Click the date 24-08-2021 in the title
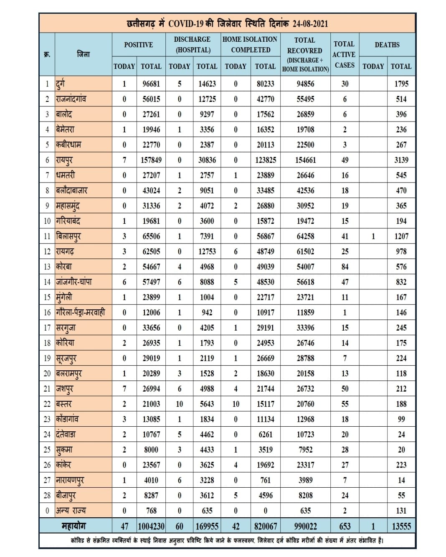pyautogui.click(x=310, y=23)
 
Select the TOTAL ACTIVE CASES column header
pyautogui.click(x=344, y=54)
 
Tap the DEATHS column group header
pyautogui.click(x=387, y=45)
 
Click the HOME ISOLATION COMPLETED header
pyautogui.click(x=250, y=44)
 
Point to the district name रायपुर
pyautogui.click(x=65, y=160)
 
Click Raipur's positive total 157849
pyautogui.click(x=151, y=160)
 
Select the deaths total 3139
pyautogui.click(x=401, y=160)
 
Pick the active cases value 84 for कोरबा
pyautogui.click(x=345, y=267)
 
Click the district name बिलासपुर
pyautogui.click(x=68, y=236)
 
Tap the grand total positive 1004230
pyautogui.click(x=151, y=526)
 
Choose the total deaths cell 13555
pyautogui.click(x=401, y=526)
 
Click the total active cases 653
pyautogui.click(x=345, y=526)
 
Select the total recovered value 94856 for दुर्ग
pyautogui.click(x=305, y=84)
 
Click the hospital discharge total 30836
pyautogui.click(x=207, y=160)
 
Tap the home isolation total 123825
pyautogui.click(x=265, y=160)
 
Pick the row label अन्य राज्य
pyautogui.click(x=71, y=511)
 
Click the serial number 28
pyautogui.click(x=47, y=496)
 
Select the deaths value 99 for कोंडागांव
pyautogui.click(x=401, y=419)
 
